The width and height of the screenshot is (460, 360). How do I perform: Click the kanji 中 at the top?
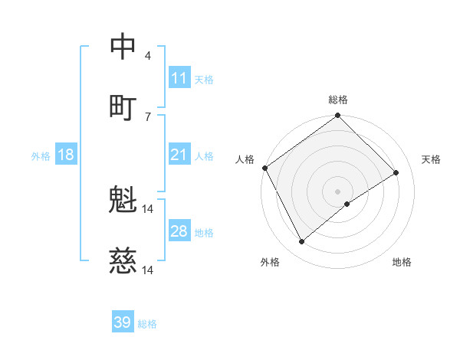click(123, 47)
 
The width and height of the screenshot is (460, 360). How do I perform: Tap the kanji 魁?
click(123, 201)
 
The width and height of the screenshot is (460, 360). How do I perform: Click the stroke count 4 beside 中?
click(148, 55)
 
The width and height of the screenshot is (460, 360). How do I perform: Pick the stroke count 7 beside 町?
click(148, 116)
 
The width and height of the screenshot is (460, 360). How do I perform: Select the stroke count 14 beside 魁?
click(148, 208)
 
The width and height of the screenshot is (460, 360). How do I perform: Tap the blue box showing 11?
click(179, 78)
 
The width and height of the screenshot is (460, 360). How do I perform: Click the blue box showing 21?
click(179, 155)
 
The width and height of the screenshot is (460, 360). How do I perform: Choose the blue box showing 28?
click(179, 231)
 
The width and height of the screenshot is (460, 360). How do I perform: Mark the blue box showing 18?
click(66, 155)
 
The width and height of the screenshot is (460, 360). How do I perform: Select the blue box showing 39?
click(123, 322)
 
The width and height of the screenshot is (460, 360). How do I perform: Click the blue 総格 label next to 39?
click(147, 324)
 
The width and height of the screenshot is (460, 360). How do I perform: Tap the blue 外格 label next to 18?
click(41, 156)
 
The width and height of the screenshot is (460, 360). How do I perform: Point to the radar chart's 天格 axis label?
click(431, 159)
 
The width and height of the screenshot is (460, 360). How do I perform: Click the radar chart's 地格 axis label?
click(402, 262)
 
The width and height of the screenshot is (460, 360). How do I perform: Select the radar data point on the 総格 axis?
click(337, 116)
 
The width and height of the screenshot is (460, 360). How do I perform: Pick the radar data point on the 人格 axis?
click(265, 168)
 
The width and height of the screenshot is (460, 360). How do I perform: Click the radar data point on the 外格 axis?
click(301, 242)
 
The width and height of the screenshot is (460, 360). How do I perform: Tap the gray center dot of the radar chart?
click(337, 191)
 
